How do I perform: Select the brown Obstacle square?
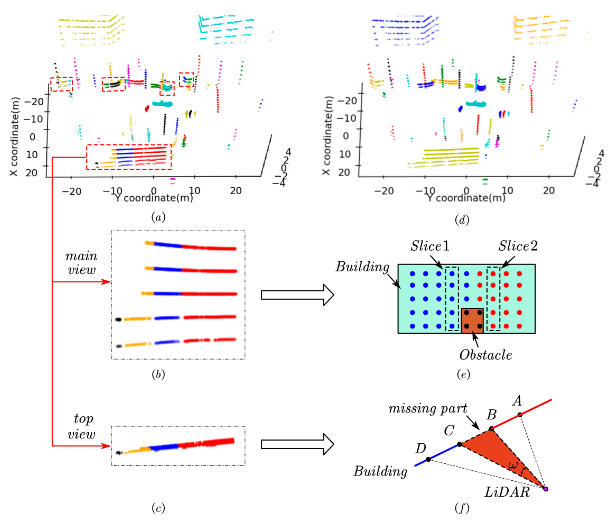(x=472, y=321)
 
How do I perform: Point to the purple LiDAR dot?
(x=546, y=489)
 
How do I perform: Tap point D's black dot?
(x=428, y=459)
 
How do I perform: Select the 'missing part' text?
(x=428, y=409)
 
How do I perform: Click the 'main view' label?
(x=81, y=263)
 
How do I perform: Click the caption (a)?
(x=158, y=217)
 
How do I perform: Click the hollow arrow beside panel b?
(x=297, y=295)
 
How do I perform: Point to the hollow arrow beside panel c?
(x=297, y=444)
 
